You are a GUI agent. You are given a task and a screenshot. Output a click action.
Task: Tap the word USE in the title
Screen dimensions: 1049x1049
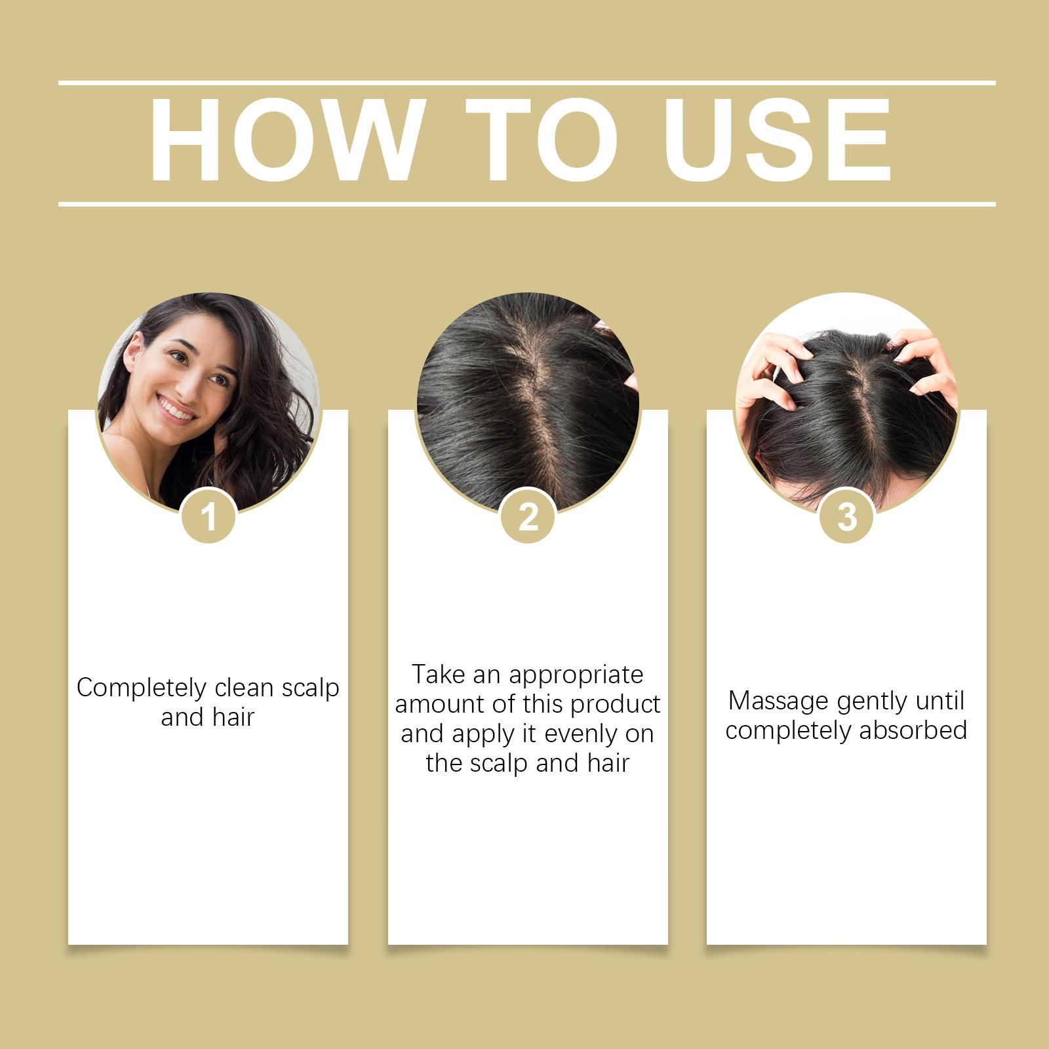click(778, 139)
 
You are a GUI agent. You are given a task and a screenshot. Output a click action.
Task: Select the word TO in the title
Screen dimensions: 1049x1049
click(542, 139)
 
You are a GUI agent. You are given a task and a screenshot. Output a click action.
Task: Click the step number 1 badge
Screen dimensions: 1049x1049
click(208, 517)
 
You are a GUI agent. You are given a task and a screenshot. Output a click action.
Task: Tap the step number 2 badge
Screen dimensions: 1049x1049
click(528, 517)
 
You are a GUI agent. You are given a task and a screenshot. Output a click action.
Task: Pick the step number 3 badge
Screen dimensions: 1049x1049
click(847, 517)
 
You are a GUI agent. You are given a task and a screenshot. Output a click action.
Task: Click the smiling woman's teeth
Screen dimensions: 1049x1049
click(175, 408)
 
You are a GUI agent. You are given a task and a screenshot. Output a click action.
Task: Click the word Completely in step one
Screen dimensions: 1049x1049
click(141, 688)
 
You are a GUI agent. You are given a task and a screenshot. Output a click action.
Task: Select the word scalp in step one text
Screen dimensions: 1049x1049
click(310, 688)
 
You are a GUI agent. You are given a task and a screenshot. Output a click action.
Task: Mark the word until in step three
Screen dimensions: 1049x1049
click(940, 700)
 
